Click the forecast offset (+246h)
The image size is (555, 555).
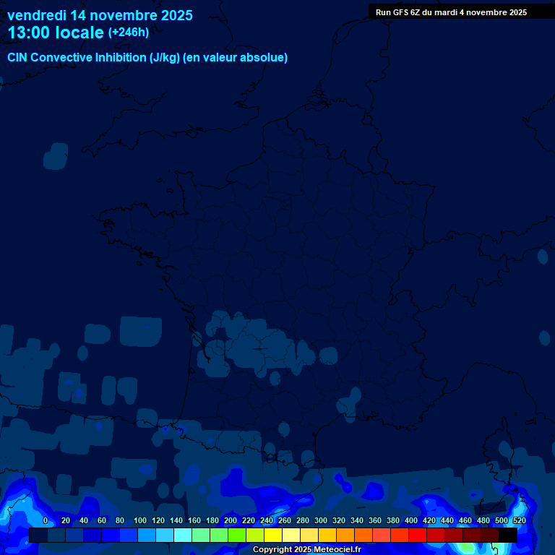[129, 33]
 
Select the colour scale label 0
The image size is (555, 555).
[46, 520]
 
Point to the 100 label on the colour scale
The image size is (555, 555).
[140, 520]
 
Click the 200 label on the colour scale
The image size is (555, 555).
[231, 520]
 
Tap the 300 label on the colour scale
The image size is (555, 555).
[321, 520]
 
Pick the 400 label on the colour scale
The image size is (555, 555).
[411, 520]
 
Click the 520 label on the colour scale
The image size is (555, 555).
[519, 520]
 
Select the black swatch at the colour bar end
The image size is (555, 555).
[508, 535]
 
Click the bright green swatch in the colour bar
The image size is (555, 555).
[237, 535]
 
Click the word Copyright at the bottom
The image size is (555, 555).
[272, 550]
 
